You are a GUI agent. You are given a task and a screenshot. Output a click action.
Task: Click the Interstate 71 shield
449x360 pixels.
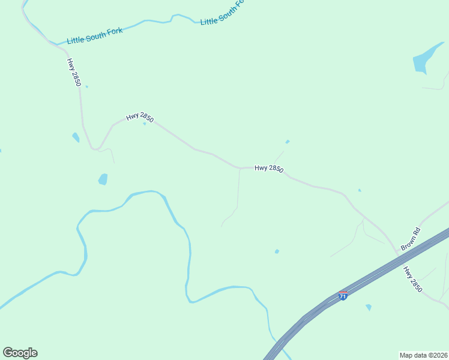pyautogui.click(x=343, y=295)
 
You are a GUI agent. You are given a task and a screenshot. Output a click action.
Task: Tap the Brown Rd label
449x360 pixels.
pyautogui.click(x=411, y=239)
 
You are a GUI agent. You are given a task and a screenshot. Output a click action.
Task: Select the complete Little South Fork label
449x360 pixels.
pyautogui.click(x=95, y=35)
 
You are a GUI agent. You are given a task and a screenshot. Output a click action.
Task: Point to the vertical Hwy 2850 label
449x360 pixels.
pyautogui.click(x=74, y=72)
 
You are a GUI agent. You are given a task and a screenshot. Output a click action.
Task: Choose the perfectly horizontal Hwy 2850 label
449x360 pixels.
pyautogui.click(x=268, y=169)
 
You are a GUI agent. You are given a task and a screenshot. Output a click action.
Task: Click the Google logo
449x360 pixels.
pyautogui.click(x=20, y=353)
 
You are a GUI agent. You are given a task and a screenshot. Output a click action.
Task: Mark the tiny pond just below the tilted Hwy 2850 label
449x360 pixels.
pyautogui.click(x=145, y=124)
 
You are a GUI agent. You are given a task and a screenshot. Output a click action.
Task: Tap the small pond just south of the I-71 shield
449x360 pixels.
pyautogui.click(x=369, y=307)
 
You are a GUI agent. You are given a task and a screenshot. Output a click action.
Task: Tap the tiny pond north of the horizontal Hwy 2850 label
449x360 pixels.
pyautogui.click(x=288, y=142)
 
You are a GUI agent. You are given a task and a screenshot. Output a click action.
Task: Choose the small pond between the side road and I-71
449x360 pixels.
pyautogui.click(x=277, y=251)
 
